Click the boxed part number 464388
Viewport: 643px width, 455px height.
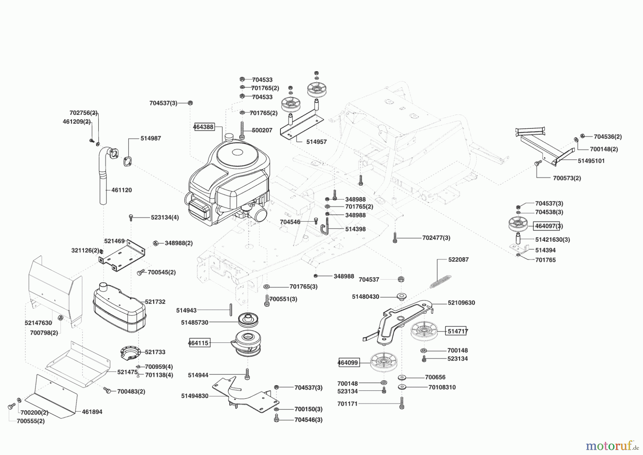pyautogui.click(x=204, y=127)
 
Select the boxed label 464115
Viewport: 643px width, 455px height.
pyautogui.click(x=199, y=343)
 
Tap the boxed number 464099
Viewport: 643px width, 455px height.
pyautogui.click(x=348, y=363)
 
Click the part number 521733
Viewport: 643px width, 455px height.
pyautogui.click(x=155, y=352)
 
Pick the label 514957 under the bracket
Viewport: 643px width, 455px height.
pyautogui.click(x=316, y=142)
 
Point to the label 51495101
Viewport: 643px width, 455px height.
pyautogui.click(x=591, y=161)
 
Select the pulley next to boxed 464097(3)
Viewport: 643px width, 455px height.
pyautogui.click(x=518, y=224)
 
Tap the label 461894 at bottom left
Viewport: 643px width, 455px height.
pyautogui.click(x=92, y=412)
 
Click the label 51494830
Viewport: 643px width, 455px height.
pyautogui.click(x=195, y=396)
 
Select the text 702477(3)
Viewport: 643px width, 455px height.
pyautogui.click(x=436, y=238)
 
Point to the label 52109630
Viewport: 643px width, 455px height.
pyautogui.click(x=462, y=303)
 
